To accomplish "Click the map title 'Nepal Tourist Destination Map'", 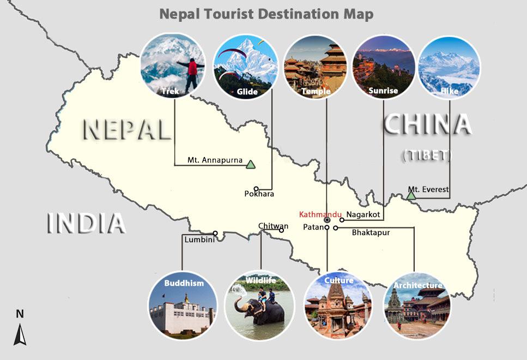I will click(x=266, y=14).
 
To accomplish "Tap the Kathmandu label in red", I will click(x=320, y=214).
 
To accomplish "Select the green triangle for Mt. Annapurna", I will click(x=250, y=164).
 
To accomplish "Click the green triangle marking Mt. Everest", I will click(x=411, y=195).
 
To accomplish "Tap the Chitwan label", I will click(x=273, y=226).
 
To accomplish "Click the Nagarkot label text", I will click(x=363, y=214).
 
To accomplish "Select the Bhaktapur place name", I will click(x=371, y=232).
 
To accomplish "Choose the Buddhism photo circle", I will click(x=183, y=305).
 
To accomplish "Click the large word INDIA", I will click(x=87, y=224).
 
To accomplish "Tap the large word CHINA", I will click(x=427, y=125).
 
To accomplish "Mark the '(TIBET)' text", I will click(x=427, y=155).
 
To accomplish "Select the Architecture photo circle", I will click(x=417, y=305).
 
